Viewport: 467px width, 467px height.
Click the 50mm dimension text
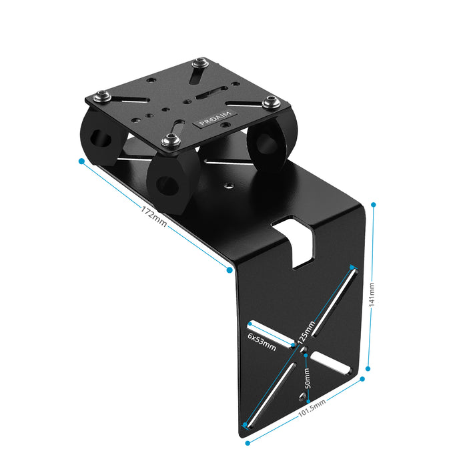click(x=306, y=379)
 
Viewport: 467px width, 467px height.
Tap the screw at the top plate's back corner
click(x=199, y=64)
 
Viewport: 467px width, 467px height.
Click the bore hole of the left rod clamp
click(x=102, y=139)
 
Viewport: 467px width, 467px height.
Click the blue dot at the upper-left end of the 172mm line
click(x=81, y=161)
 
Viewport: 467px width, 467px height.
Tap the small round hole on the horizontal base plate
click(x=229, y=187)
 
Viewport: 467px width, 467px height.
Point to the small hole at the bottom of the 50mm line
click(x=300, y=399)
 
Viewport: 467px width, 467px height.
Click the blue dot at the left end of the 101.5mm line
click(x=248, y=442)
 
